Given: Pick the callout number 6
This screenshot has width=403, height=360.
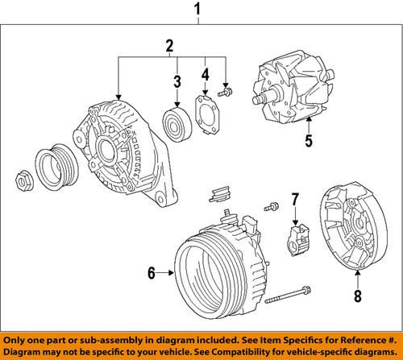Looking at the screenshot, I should [150, 274].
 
